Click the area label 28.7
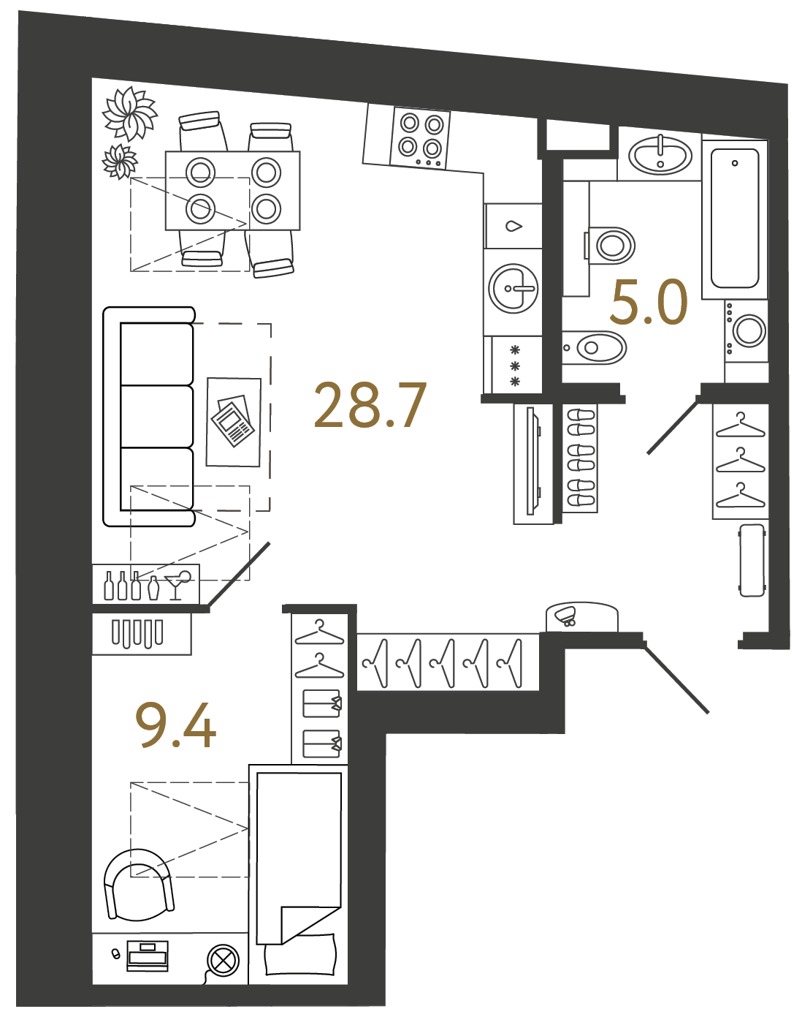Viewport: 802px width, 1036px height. [x=370, y=405]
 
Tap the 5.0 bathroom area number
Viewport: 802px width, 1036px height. [x=649, y=302]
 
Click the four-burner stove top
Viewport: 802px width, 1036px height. [x=419, y=138]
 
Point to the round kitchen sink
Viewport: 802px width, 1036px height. [x=513, y=288]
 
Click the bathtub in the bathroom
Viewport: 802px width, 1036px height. [x=734, y=219]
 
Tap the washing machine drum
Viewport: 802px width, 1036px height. [x=749, y=330]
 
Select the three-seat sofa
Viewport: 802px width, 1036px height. [x=149, y=417]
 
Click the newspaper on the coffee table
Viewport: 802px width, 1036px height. [x=232, y=421]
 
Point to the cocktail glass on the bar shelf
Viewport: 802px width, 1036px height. [x=177, y=585]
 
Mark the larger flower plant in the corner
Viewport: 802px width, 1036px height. [x=129, y=113]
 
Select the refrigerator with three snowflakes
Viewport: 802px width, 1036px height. [x=513, y=366]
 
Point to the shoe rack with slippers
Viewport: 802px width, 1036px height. [x=580, y=458]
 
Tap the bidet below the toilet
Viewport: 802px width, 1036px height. [x=594, y=347]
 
